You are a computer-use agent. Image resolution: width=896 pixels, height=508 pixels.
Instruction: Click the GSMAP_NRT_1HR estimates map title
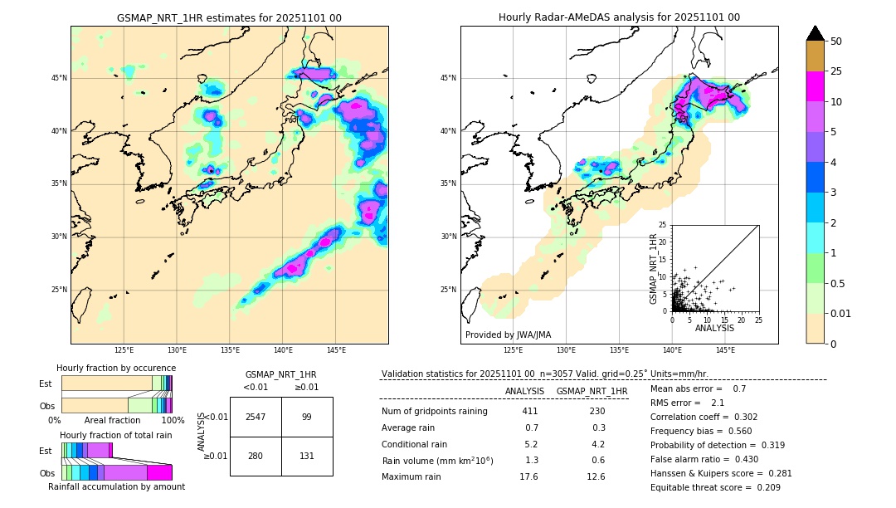229,17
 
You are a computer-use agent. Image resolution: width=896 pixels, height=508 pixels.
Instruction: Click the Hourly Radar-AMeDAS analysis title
619,17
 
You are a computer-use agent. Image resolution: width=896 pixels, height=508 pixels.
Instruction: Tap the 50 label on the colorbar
836,42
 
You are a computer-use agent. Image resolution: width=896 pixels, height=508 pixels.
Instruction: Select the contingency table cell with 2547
256,417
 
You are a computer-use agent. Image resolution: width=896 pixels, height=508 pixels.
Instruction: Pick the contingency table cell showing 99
306,417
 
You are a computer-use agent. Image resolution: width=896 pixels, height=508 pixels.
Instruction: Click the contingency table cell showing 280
256,456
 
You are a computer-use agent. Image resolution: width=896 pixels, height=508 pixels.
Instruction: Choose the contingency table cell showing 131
306,456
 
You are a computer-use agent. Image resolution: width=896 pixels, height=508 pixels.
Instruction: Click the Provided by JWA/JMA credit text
508,335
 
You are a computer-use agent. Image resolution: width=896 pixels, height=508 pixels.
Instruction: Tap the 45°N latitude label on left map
59,78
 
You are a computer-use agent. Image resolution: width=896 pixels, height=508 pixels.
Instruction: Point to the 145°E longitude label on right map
725,351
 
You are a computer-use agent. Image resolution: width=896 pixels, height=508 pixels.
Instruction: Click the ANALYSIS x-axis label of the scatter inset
714,328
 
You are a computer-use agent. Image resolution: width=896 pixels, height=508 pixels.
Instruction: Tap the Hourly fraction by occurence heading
116,368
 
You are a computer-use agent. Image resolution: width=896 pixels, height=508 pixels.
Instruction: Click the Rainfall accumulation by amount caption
116,486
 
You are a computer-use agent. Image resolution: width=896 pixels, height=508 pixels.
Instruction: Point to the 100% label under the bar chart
173,420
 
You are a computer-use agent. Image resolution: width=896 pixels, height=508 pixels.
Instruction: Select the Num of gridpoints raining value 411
530,411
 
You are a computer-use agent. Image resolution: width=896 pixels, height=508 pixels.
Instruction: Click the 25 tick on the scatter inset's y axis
663,225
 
